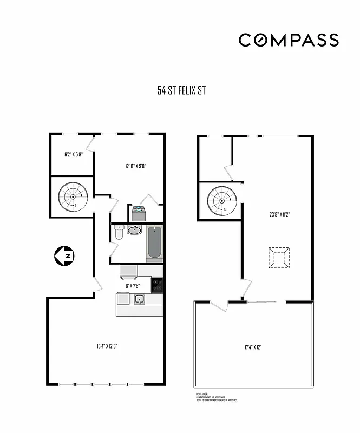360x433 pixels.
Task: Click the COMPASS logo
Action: click(289, 40)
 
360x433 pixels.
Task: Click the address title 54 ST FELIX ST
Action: click(181, 91)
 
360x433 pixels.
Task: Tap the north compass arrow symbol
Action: click(64, 255)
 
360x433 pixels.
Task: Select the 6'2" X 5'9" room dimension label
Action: click(73, 155)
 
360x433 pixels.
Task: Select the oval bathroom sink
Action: click(134, 231)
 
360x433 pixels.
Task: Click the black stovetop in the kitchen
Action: click(156, 284)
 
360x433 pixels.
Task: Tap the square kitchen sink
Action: click(139, 299)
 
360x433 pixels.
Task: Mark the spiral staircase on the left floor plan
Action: click(73, 197)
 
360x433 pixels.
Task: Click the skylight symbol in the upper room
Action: click(279, 258)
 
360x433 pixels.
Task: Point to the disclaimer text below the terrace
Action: click(215, 397)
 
